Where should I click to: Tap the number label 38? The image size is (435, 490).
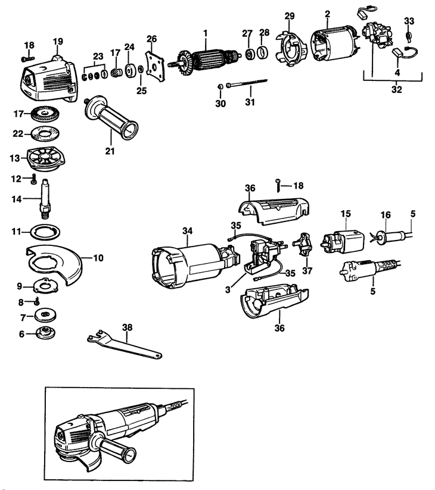tap(127, 327)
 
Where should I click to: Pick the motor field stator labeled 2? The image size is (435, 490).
tap(334, 45)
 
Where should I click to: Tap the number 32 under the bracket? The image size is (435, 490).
tap(396, 90)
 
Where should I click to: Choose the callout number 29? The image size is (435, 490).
tap(289, 14)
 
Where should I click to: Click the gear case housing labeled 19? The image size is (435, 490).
tap(51, 83)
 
